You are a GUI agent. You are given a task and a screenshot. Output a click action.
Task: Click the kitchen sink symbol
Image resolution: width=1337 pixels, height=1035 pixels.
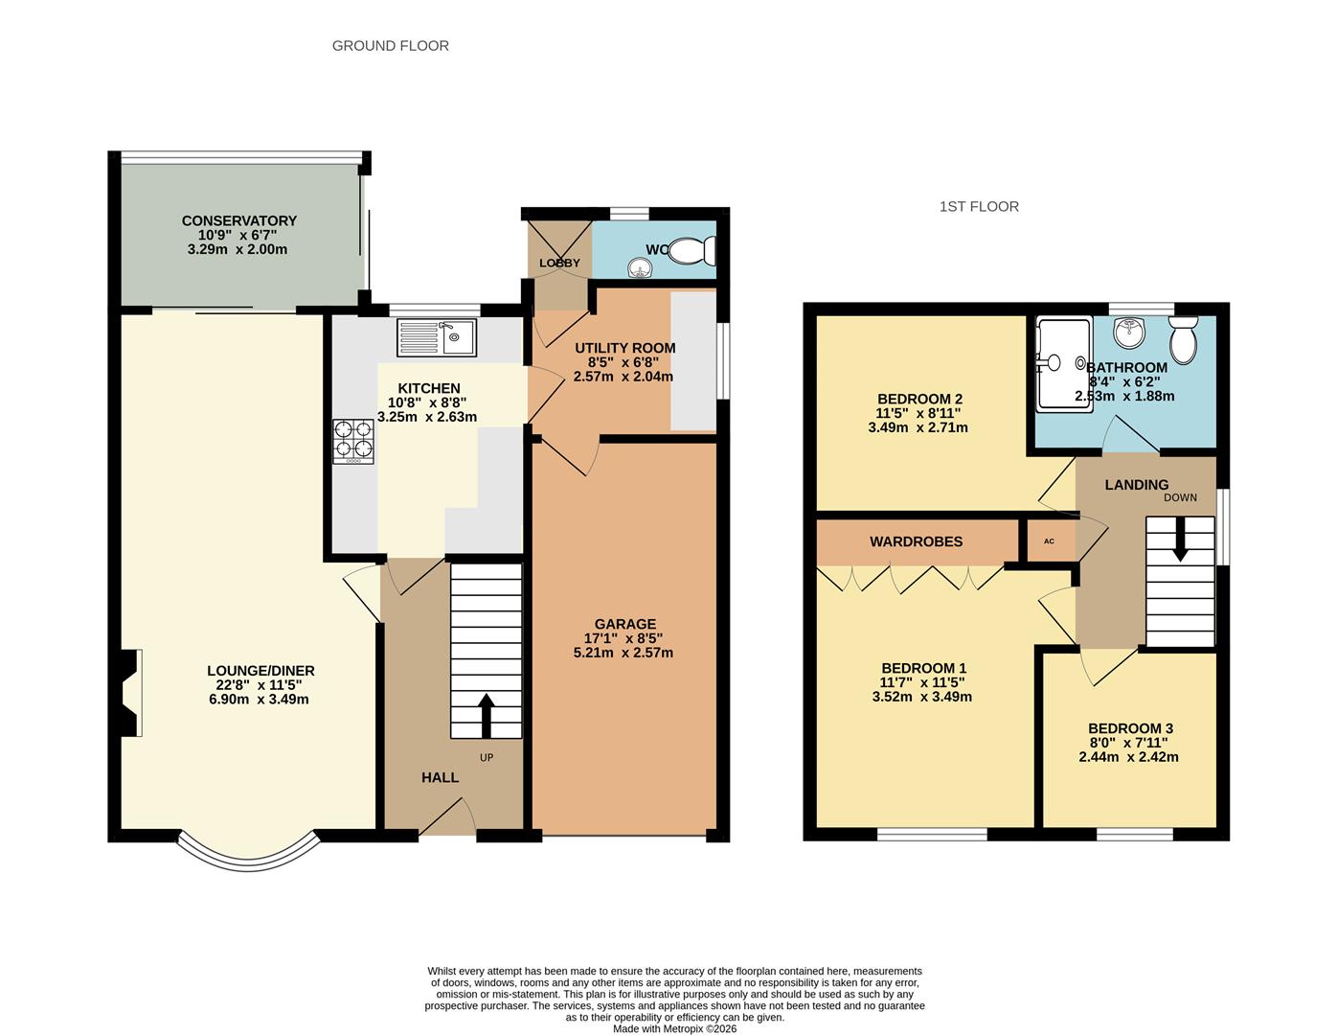[437, 337]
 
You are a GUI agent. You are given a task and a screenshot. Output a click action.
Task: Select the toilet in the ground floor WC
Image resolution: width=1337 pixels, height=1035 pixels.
[691, 252]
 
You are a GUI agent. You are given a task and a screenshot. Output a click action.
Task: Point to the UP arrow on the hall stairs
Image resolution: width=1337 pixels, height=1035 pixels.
[486, 715]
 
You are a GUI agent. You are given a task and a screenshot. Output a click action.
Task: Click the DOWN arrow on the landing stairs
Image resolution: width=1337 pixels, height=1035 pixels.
[1179, 540]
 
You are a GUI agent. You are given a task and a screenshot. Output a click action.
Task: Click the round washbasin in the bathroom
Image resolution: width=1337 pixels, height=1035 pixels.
[1129, 334]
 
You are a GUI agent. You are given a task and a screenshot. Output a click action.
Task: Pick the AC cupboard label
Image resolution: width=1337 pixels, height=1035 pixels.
[1049, 541]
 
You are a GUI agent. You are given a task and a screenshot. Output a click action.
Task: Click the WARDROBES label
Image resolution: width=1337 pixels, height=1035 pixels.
[916, 541]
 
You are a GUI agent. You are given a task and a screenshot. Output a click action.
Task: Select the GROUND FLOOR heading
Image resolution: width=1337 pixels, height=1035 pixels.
[390, 45]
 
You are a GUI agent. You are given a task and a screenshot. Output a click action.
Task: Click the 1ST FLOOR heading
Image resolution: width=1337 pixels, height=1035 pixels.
[978, 206]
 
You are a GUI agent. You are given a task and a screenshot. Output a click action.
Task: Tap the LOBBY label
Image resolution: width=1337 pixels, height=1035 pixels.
[559, 263]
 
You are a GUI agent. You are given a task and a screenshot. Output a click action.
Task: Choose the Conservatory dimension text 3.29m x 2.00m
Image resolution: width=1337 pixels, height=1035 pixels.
[238, 249]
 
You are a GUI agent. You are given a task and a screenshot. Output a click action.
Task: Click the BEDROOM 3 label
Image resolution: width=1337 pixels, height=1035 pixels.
[1129, 727]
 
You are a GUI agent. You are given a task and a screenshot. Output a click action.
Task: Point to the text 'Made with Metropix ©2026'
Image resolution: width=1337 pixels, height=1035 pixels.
[675, 1029]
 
